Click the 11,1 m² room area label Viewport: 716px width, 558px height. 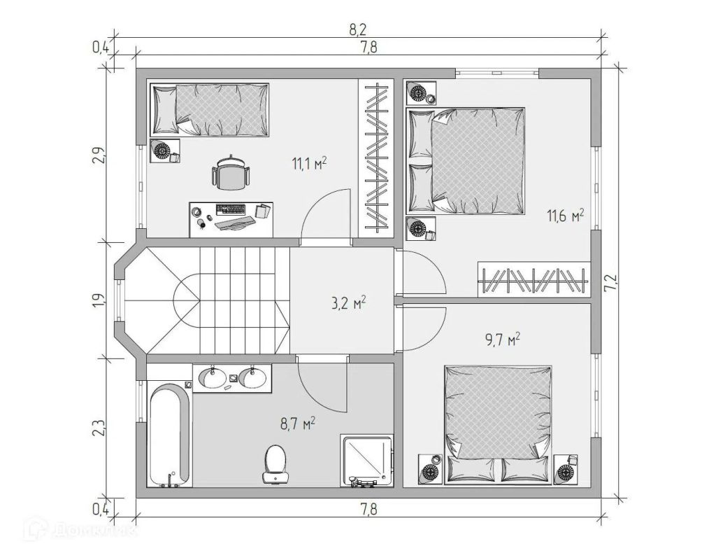tap(309, 163)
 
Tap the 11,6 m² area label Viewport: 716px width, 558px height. tap(565, 216)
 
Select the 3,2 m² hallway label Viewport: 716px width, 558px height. tap(349, 302)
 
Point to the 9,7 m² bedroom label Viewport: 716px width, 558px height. tap(502, 340)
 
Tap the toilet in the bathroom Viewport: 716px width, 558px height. tap(275, 464)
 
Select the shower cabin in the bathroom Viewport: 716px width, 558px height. tap(366, 461)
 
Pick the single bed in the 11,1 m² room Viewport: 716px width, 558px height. tap(210, 109)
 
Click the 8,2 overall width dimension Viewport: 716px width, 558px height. tap(358, 30)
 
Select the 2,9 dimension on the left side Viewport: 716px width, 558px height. tap(101, 156)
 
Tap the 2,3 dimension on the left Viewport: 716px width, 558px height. tap(101, 428)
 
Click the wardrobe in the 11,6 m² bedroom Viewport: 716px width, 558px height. tap(534, 279)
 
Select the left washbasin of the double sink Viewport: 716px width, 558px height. tap(212, 378)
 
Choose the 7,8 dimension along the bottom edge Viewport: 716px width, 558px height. tap(369, 508)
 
